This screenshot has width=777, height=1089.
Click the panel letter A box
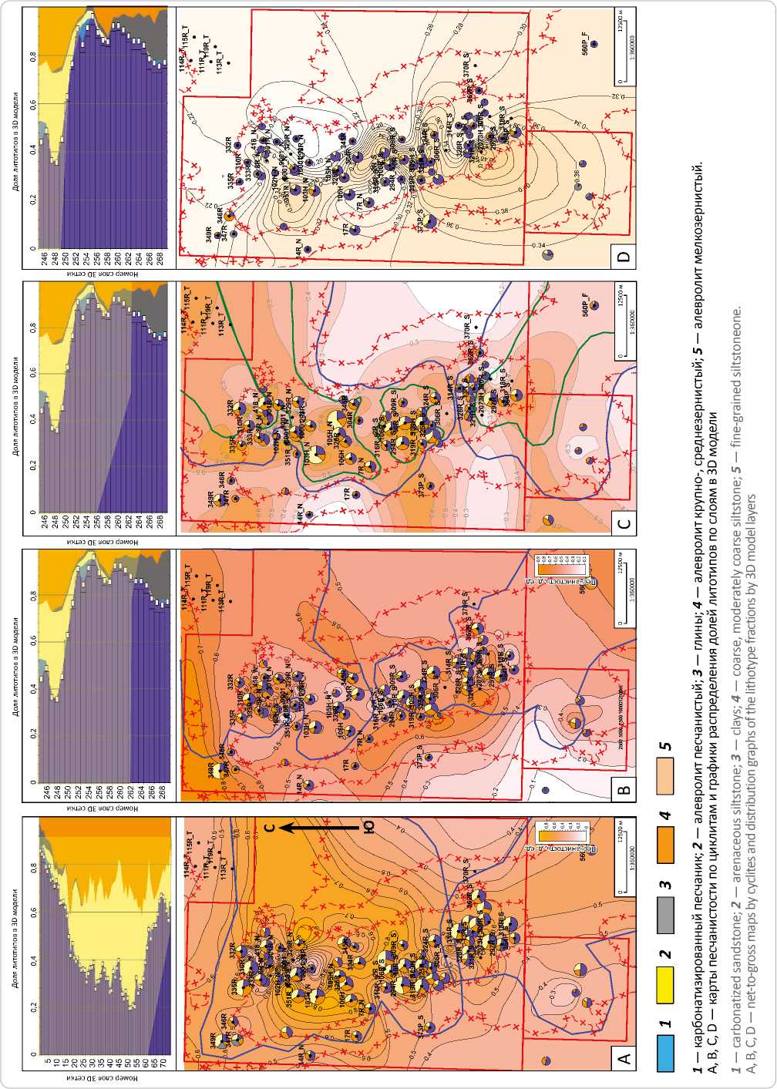click(x=625, y=1059)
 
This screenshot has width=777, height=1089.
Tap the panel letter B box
click(x=625, y=788)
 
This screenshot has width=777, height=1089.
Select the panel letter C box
click(x=625, y=524)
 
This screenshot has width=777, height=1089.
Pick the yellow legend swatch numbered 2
click(x=665, y=986)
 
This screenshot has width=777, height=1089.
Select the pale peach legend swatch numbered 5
click(x=665, y=775)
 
